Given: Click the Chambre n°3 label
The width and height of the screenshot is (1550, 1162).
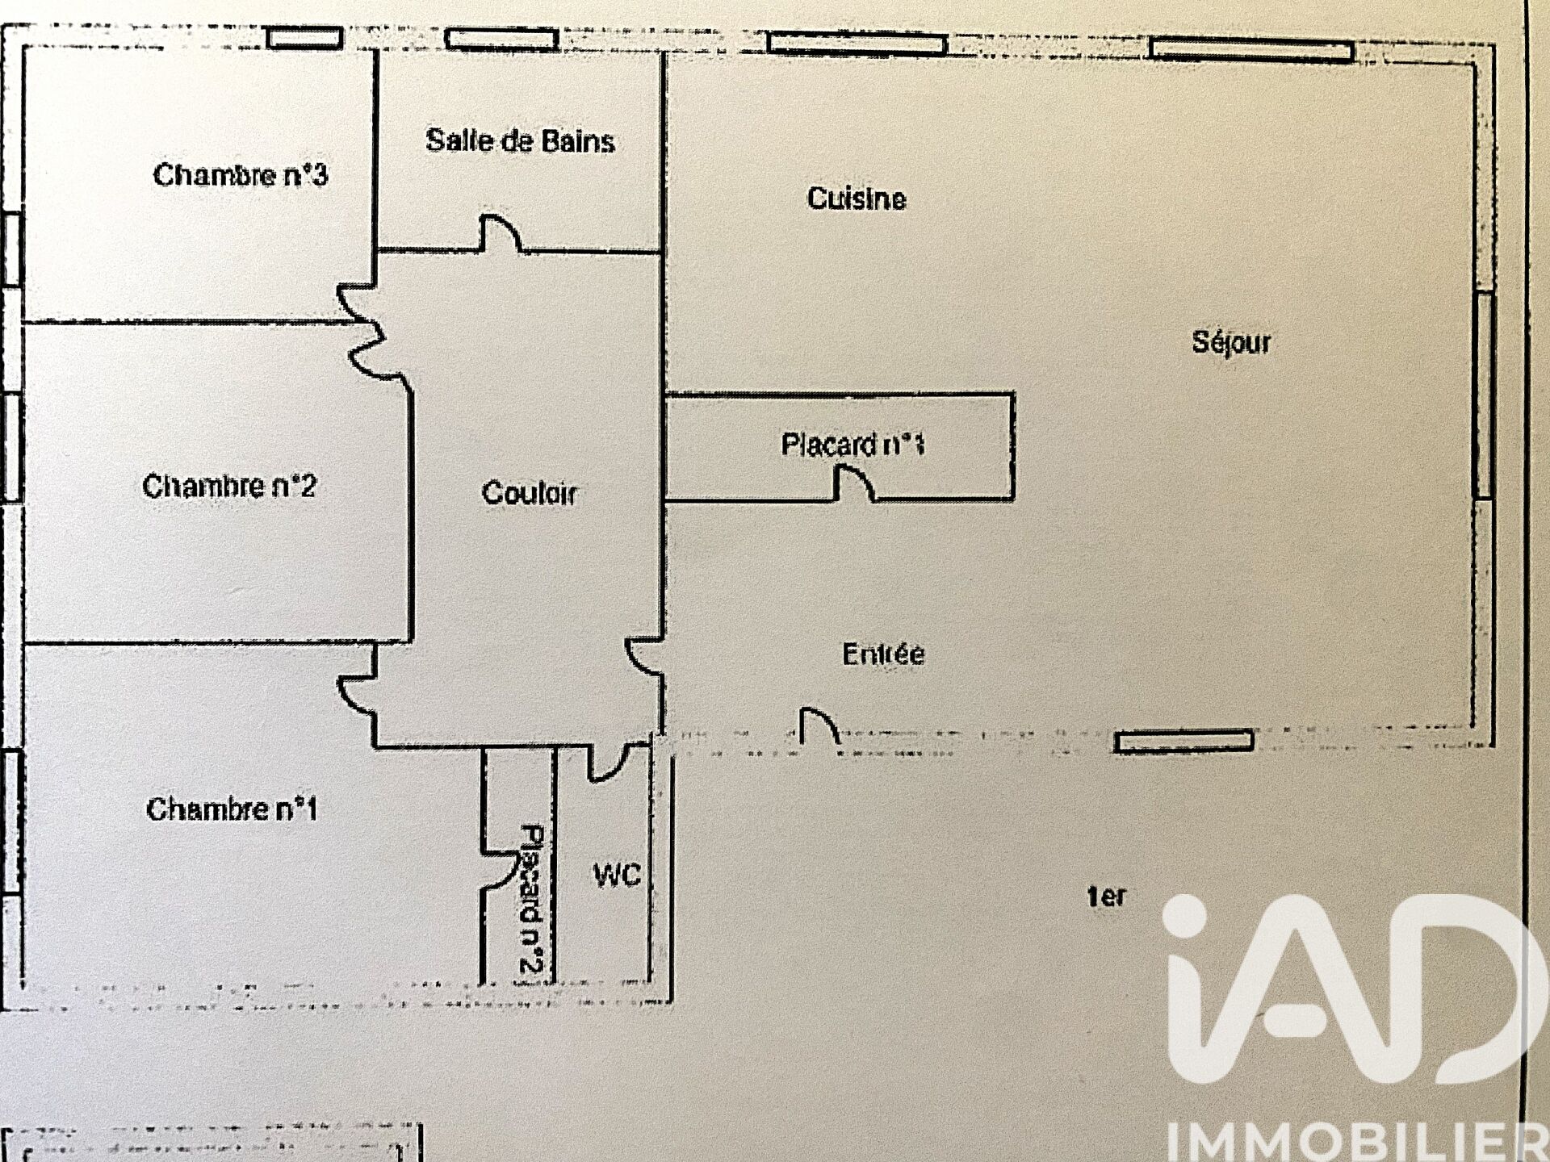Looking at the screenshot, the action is click(x=241, y=174).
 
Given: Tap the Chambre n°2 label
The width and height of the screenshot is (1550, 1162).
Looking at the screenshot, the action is click(x=229, y=486).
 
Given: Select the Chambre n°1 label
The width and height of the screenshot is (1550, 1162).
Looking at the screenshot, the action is click(x=232, y=809).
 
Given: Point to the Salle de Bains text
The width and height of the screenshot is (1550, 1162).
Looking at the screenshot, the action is click(x=520, y=140).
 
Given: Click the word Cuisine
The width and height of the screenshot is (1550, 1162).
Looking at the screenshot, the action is click(x=857, y=199).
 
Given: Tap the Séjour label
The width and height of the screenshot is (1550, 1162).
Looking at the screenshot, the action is click(x=1231, y=342).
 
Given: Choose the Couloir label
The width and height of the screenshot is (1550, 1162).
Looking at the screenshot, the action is click(x=530, y=492).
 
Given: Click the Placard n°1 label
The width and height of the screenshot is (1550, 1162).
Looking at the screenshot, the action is click(x=852, y=444).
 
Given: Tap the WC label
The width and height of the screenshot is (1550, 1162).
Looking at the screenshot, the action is click(x=617, y=875).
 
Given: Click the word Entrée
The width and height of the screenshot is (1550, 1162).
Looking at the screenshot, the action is click(x=883, y=654).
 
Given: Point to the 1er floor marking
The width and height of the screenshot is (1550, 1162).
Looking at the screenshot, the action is click(x=1106, y=896).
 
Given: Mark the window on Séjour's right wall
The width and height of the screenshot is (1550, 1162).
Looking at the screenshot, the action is click(x=1484, y=395).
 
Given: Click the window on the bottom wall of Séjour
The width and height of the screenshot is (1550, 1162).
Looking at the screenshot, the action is click(x=1183, y=741).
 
